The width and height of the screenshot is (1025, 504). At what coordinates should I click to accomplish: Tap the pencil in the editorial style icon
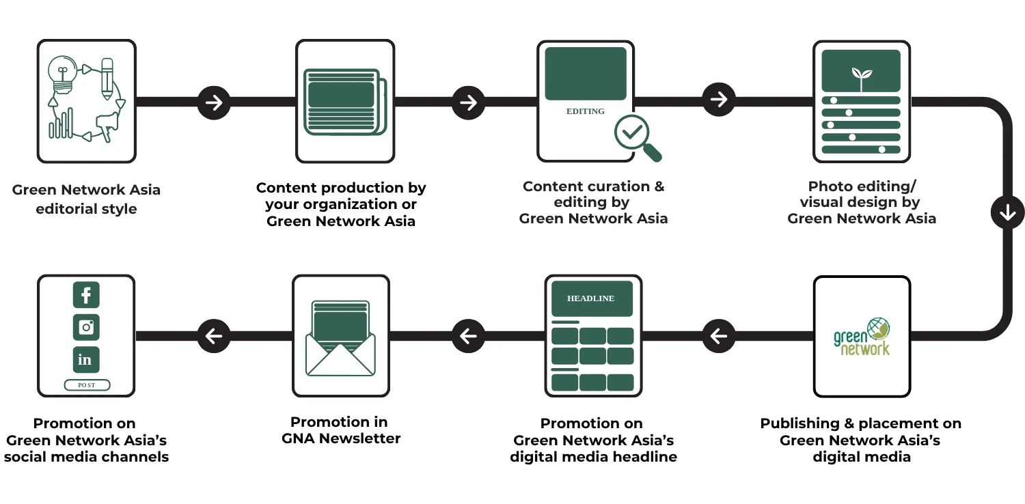tap(107, 79)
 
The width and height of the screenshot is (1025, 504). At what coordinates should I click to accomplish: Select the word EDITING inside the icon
tap(586, 111)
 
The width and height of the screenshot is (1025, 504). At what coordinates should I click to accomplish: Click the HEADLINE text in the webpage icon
tap(591, 298)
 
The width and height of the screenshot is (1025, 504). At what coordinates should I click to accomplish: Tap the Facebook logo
tap(87, 295)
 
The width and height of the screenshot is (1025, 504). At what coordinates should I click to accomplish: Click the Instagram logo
tap(87, 327)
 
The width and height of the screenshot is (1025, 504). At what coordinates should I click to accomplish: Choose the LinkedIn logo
tap(87, 359)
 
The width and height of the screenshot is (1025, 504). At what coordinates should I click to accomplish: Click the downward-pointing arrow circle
tap(1007, 212)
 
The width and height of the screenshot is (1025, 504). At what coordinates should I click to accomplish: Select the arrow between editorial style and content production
tap(214, 102)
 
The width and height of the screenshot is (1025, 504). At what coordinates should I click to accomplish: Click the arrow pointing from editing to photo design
tap(718, 100)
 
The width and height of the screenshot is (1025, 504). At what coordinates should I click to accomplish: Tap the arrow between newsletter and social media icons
tap(214, 336)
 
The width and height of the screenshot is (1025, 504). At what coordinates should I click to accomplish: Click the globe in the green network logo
tap(878, 328)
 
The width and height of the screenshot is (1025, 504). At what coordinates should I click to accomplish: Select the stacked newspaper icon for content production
tap(344, 102)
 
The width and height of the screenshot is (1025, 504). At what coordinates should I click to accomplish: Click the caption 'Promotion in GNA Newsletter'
tap(341, 430)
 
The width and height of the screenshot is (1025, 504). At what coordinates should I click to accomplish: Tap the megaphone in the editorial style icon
tap(108, 125)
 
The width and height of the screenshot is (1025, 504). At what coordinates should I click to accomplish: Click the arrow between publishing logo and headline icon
tap(718, 336)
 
